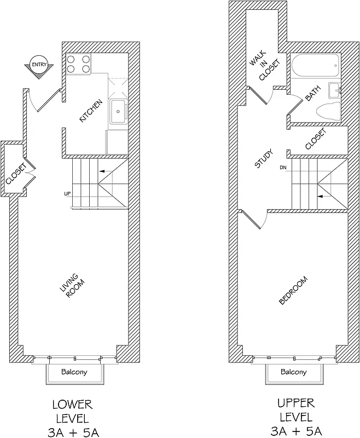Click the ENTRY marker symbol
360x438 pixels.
(x=39, y=66)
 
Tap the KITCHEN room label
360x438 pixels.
(x=91, y=110)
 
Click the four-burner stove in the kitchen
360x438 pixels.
(x=78, y=65)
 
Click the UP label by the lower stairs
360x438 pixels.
(x=68, y=194)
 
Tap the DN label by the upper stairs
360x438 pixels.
(x=283, y=167)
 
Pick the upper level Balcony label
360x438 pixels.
(x=293, y=372)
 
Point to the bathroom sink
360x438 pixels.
(x=334, y=89)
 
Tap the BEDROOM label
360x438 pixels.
(x=293, y=291)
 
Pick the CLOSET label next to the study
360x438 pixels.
(x=315, y=139)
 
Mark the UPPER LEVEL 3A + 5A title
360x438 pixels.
(x=295, y=416)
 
